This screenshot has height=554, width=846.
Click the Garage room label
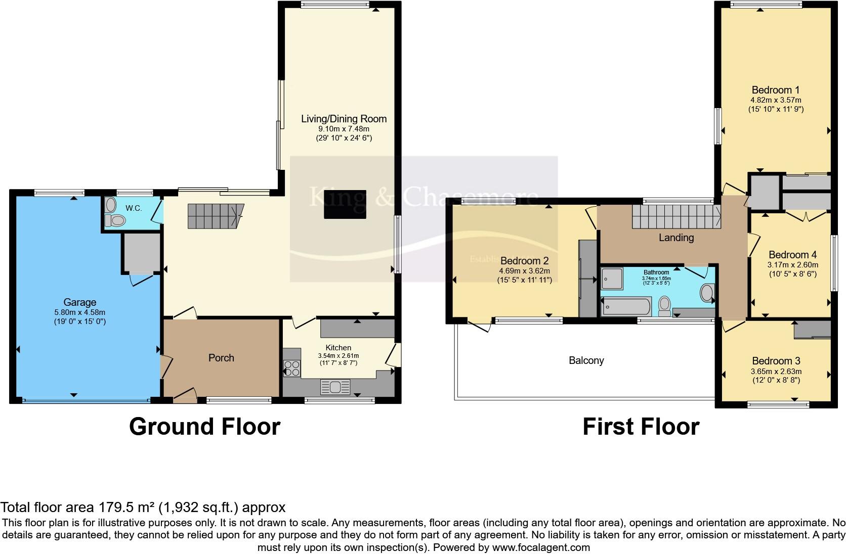pos(79,302)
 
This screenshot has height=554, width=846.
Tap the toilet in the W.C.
pos(117,220)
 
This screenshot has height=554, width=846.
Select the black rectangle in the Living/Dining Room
pos(345,204)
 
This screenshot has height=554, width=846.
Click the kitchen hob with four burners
pos(291,368)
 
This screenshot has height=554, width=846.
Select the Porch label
pos(221,358)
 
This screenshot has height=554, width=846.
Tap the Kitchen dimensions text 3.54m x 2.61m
pos(338,355)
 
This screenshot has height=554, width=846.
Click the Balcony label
pos(586,360)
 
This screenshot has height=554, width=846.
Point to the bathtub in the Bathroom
pos(625,307)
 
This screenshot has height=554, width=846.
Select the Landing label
pos(676,237)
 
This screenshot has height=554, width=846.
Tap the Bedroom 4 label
pos(792,255)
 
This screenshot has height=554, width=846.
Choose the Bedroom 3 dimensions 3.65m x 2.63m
pos(776,371)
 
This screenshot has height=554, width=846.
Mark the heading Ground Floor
pos(204,427)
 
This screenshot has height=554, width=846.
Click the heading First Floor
pos(641,427)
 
